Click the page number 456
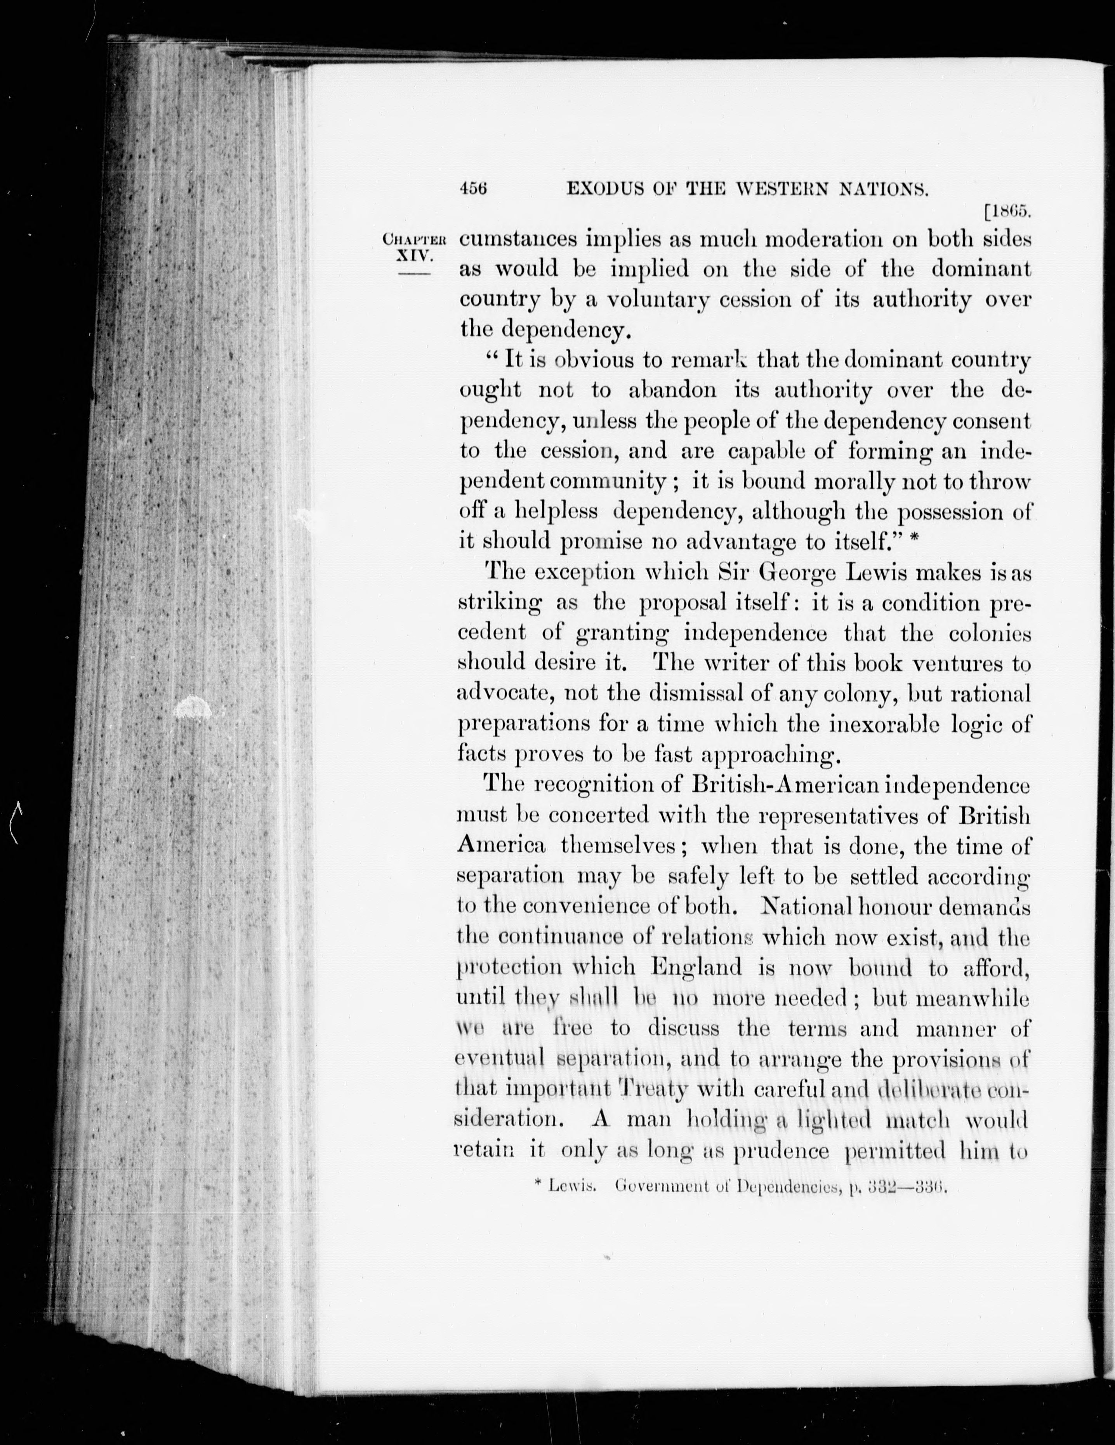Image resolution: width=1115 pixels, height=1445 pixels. coord(474,188)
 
